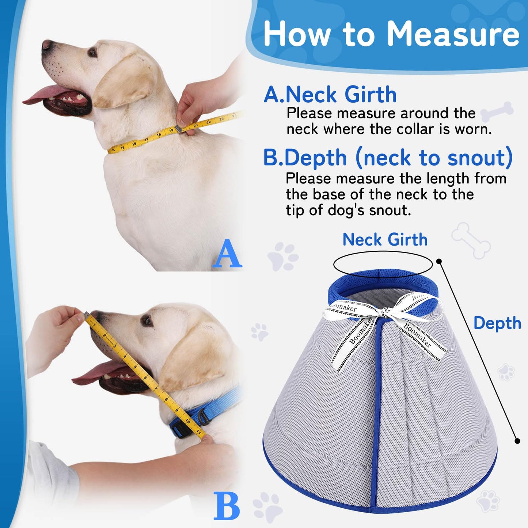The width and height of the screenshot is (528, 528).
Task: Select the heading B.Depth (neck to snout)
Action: [x=388, y=158]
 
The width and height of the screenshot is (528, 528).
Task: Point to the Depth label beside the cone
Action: [x=497, y=323]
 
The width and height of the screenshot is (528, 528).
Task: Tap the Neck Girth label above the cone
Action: [x=385, y=240]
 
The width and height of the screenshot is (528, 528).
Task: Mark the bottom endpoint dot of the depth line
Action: [x=517, y=441]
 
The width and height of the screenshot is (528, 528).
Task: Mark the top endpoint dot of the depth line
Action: [x=439, y=261]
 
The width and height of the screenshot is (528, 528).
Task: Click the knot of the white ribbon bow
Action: [x=384, y=313]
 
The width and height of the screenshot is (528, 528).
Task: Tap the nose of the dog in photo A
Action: [x=47, y=45]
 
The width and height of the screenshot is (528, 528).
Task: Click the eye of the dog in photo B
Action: [x=147, y=321]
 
